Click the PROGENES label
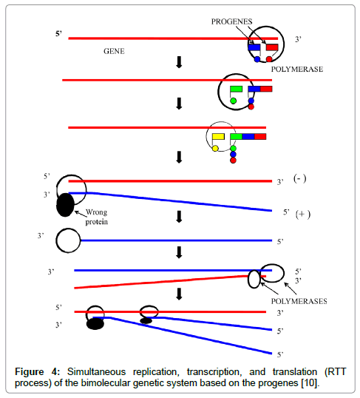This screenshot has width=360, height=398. pyautogui.click(x=231, y=21)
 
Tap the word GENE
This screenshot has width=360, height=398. pyautogui.click(x=114, y=51)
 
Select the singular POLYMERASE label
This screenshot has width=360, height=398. pyautogui.click(x=297, y=70)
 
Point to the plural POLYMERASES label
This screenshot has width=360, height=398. pyautogui.click(x=299, y=301)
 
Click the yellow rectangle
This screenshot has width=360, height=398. pyautogui.click(x=218, y=137)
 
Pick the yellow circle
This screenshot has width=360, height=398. pyautogui.click(x=215, y=148)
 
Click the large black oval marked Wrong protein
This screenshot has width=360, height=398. pyautogui.click(x=65, y=205)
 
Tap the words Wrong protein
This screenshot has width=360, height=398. pyautogui.click(x=96, y=217)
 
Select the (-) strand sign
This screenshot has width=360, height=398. pyautogui.click(x=299, y=179)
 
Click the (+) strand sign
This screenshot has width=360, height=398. pyautogui.click(x=303, y=215)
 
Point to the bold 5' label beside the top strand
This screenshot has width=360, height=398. pyautogui.click(x=59, y=34)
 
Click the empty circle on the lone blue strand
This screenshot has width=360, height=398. pyautogui.click(x=68, y=240)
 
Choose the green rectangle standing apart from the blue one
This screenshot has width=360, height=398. pyautogui.click(x=237, y=89)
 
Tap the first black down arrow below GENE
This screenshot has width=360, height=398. pyautogui.click(x=179, y=62)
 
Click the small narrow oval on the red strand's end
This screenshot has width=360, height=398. pyautogui.click(x=254, y=279)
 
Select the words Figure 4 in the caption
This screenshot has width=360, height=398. pyautogui.click(x=37, y=372)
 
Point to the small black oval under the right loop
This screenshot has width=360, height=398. pyautogui.click(x=146, y=321)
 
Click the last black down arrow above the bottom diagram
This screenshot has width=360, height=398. pyautogui.click(x=179, y=294)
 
